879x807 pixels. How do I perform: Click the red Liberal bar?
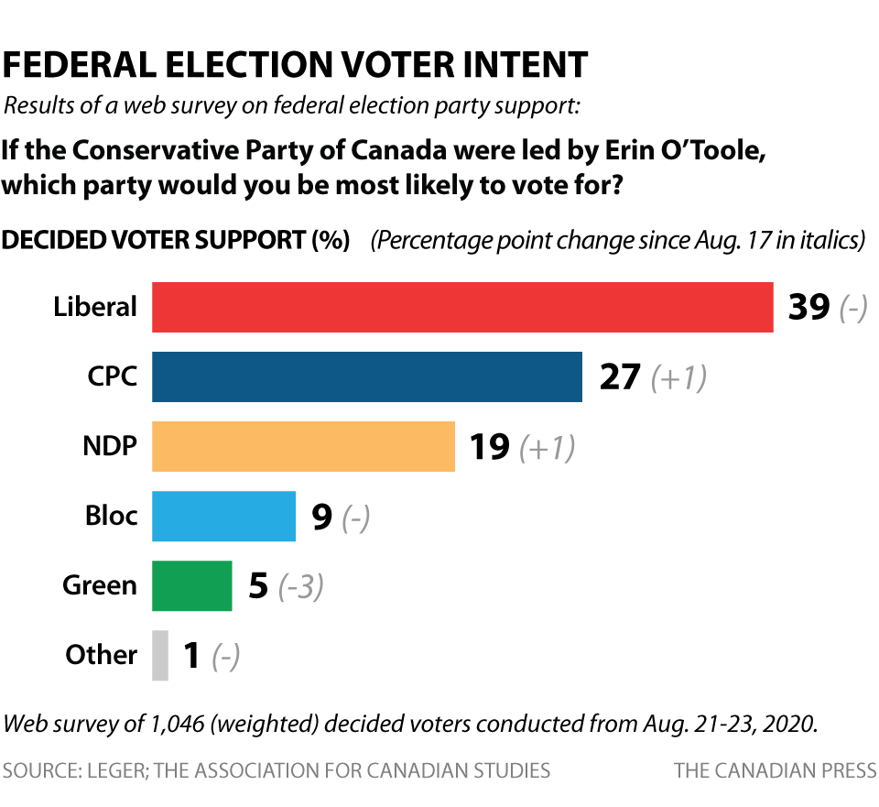[462, 307]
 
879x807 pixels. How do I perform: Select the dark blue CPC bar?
[366, 376]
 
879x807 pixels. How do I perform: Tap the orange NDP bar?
[303, 446]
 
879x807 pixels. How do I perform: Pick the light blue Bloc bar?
[223, 516]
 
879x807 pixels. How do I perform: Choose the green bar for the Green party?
[191, 585]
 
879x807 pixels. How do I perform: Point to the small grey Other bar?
[160, 655]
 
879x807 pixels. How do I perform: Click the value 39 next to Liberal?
[808, 308]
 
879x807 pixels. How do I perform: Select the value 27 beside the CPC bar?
[620, 377]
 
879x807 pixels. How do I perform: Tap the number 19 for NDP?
[490, 447]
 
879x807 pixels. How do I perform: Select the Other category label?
[101, 655]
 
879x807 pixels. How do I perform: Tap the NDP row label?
[110, 446]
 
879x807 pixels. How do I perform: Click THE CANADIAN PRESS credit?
[775, 770]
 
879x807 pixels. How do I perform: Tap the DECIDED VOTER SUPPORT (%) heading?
[176, 241]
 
